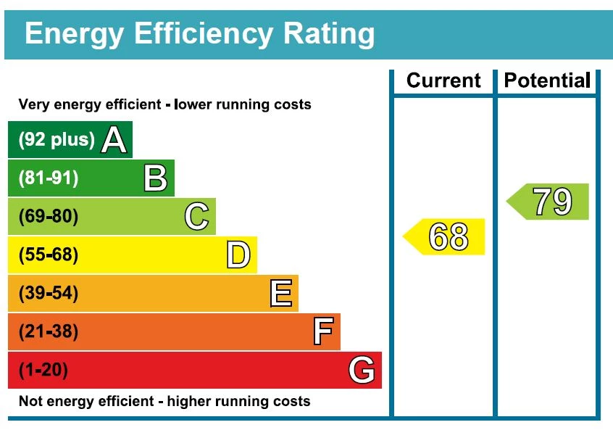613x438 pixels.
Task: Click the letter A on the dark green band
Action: coord(114,139)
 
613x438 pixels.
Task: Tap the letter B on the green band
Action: coord(155,178)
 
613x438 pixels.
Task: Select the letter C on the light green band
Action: coord(196,217)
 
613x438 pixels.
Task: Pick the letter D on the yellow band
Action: coord(238,255)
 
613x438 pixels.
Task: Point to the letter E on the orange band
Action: coord(280,294)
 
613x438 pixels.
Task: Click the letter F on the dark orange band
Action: coord(322,332)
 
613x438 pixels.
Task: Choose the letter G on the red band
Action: coord(362,371)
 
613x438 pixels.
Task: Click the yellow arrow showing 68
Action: coord(445,237)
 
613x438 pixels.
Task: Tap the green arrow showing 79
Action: coord(549,202)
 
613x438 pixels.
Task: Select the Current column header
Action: coord(443,80)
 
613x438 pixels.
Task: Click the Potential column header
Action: coord(547,80)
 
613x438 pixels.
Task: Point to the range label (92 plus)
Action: coord(57,139)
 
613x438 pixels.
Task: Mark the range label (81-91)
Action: coord(48,178)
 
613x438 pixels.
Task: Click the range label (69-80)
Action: coord(48,217)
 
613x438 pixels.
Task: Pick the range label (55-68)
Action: coord(48,255)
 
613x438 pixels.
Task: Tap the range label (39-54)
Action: coord(48,294)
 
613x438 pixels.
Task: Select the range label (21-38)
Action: coord(48,332)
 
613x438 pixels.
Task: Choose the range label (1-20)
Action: coord(43,371)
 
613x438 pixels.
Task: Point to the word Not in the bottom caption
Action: coord(30,401)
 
